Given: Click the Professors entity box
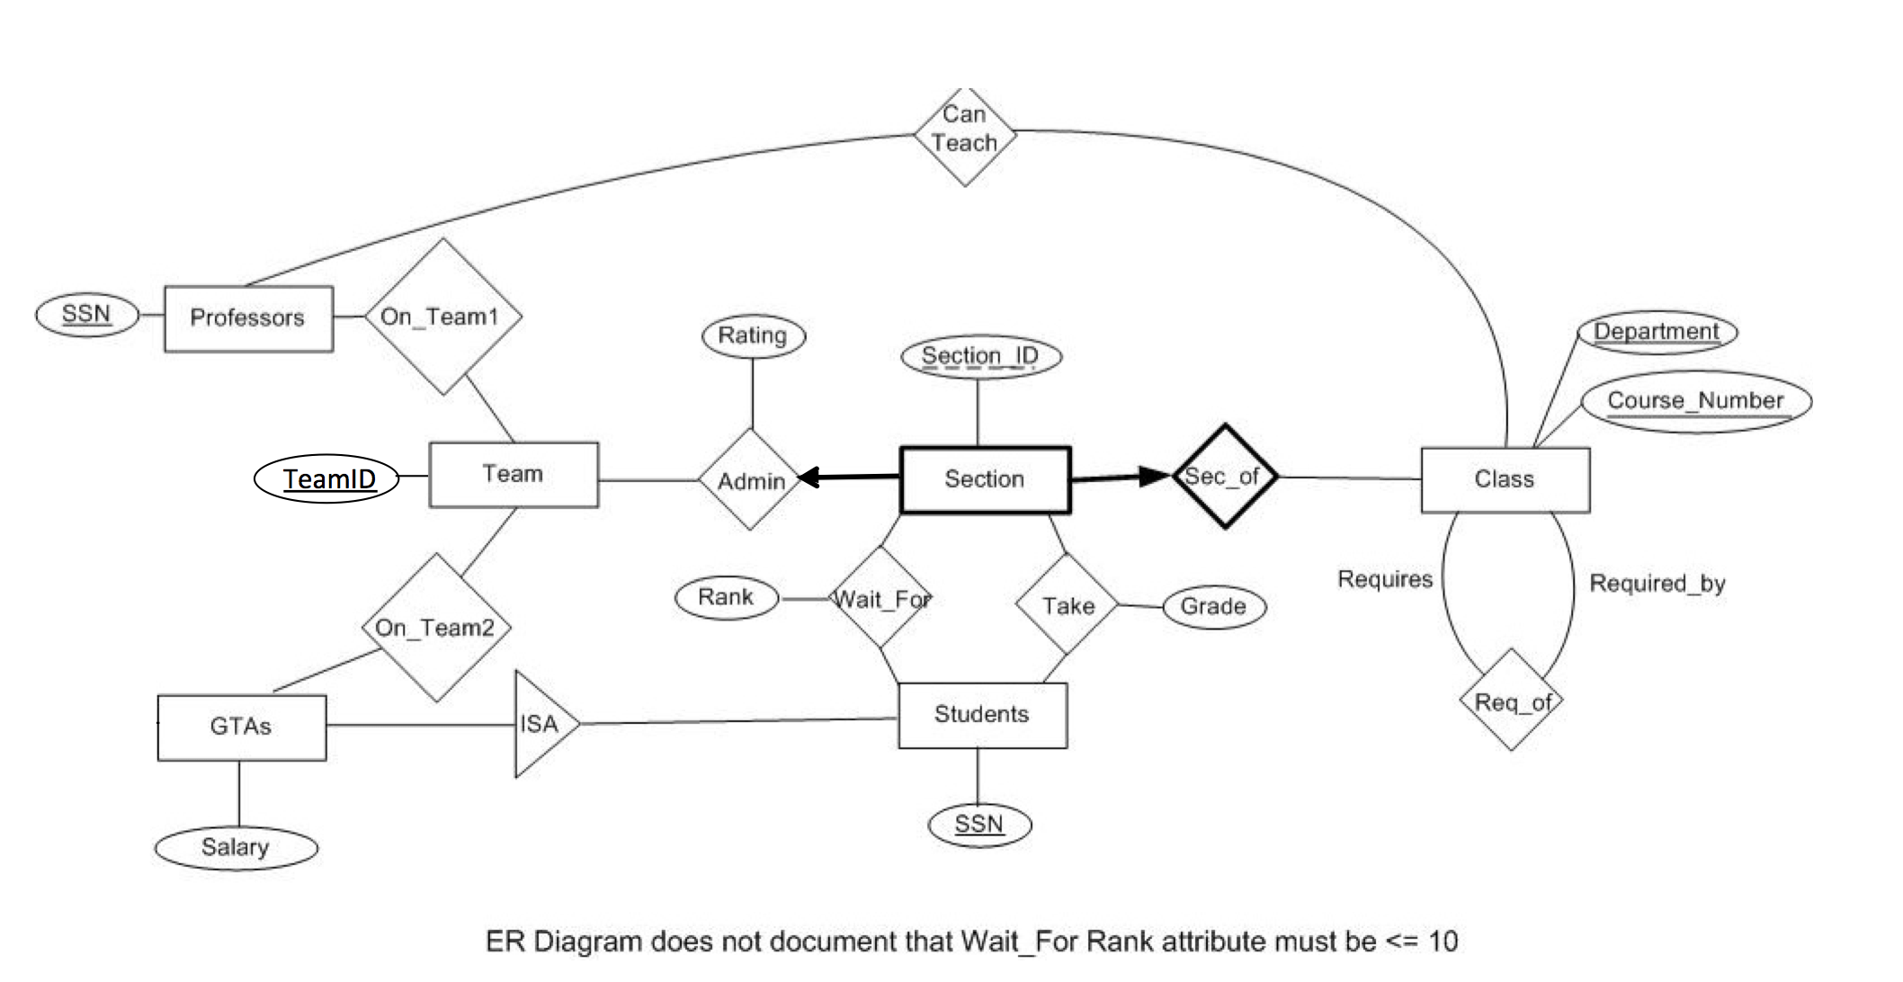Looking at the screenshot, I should coord(248,318).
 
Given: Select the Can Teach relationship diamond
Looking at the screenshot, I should coord(965,136).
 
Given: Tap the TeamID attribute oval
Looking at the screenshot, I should coord(327,478).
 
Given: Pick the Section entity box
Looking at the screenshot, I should coord(985,479).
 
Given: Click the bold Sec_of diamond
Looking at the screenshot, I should coord(1225,476).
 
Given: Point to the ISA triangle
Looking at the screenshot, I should coord(540,724).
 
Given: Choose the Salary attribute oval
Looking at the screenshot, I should coord(236,847).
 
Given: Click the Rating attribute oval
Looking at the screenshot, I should coord(753,336).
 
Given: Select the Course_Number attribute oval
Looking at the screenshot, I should coord(1695,401).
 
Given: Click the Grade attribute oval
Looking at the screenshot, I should coord(1213,607).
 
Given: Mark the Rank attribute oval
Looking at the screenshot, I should coord(727,598).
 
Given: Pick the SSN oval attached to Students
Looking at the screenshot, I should coord(978,825).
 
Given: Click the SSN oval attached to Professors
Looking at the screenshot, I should coord(86,315).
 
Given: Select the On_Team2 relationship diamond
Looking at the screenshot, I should coord(436,627).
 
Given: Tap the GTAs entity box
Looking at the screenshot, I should coord(241,727).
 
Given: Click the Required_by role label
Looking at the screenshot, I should coord(1657,584).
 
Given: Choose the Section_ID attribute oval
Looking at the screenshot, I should coord(980,356).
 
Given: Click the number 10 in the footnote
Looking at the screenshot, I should coord(1443,942).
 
